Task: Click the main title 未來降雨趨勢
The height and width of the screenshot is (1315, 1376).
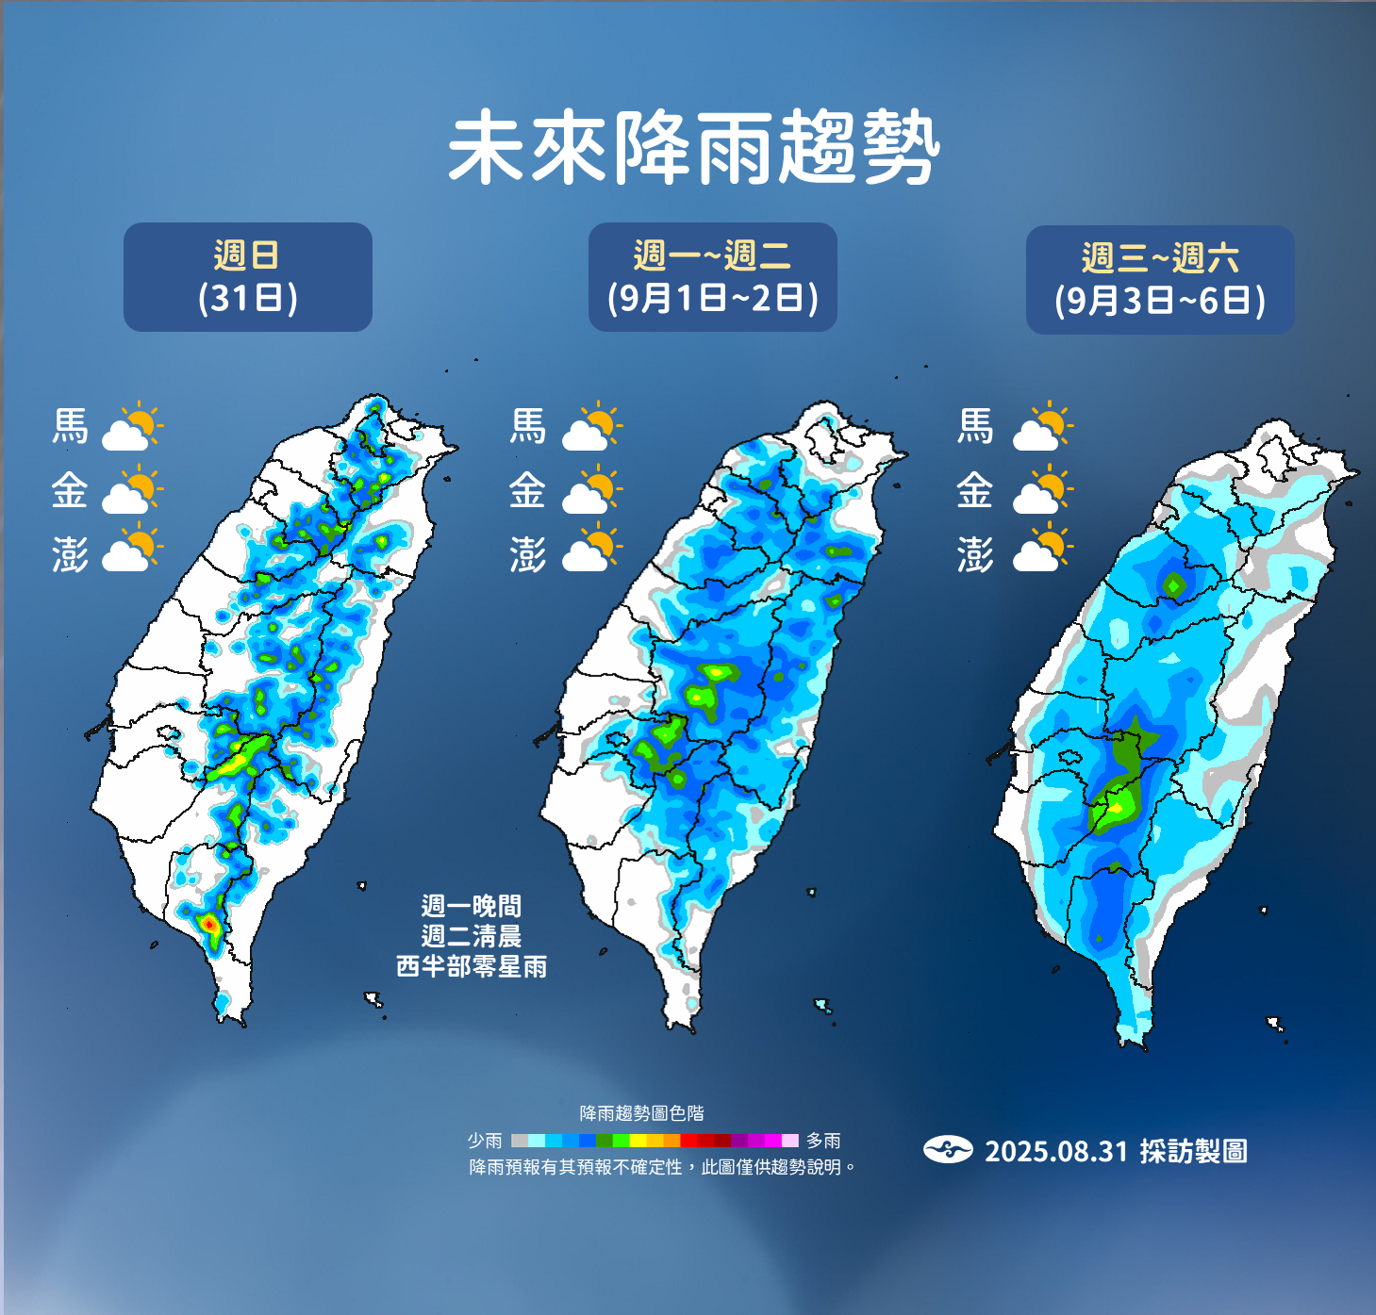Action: click(x=693, y=148)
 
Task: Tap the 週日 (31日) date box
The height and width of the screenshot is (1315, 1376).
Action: click(x=248, y=277)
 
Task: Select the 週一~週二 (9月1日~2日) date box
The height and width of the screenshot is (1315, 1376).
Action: click(x=713, y=277)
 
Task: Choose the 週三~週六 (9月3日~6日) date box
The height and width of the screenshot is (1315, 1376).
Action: click(x=1160, y=280)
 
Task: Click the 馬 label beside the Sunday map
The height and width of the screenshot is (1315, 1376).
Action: click(x=71, y=426)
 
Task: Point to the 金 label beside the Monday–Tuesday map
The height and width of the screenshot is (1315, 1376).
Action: click(x=527, y=490)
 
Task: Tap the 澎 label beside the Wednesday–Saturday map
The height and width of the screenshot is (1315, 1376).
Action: click(x=975, y=554)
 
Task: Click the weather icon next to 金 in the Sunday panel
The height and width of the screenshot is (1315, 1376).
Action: click(x=132, y=489)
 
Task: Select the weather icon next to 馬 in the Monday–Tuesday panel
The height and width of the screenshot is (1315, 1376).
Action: click(x=591, y=427)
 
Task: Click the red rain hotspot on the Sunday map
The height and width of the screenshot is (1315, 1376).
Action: click(x=208, y=925)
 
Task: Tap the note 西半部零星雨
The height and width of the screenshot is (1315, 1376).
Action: click(x=472, y=966)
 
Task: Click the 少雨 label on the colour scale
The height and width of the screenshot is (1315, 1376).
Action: click(x=484, y=1141)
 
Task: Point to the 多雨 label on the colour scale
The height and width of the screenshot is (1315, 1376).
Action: click(x=823, y=1141)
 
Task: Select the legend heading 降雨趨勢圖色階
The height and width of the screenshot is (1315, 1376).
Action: click(x=641, y=1113)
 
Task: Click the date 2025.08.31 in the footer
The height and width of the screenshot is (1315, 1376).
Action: click(x=1056, y=1151)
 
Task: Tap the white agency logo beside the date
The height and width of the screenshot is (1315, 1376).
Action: click(x=948, y=1150)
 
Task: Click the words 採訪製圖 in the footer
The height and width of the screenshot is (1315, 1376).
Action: click(x=1193, y=1151)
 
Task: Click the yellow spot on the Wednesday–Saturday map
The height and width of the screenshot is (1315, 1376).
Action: click(x=1118, y=808)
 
